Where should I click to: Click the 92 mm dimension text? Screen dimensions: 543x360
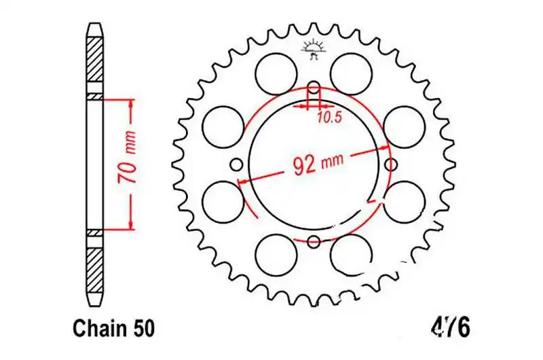pos(318,163)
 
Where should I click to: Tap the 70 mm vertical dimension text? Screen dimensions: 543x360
pos(126,157)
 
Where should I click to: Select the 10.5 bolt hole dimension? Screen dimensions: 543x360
pos(329,118)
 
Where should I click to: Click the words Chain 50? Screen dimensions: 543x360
pos(113,329)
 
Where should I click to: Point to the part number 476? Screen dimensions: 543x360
pos(450,327)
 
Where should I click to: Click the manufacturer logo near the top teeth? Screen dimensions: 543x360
pos(314,50)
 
